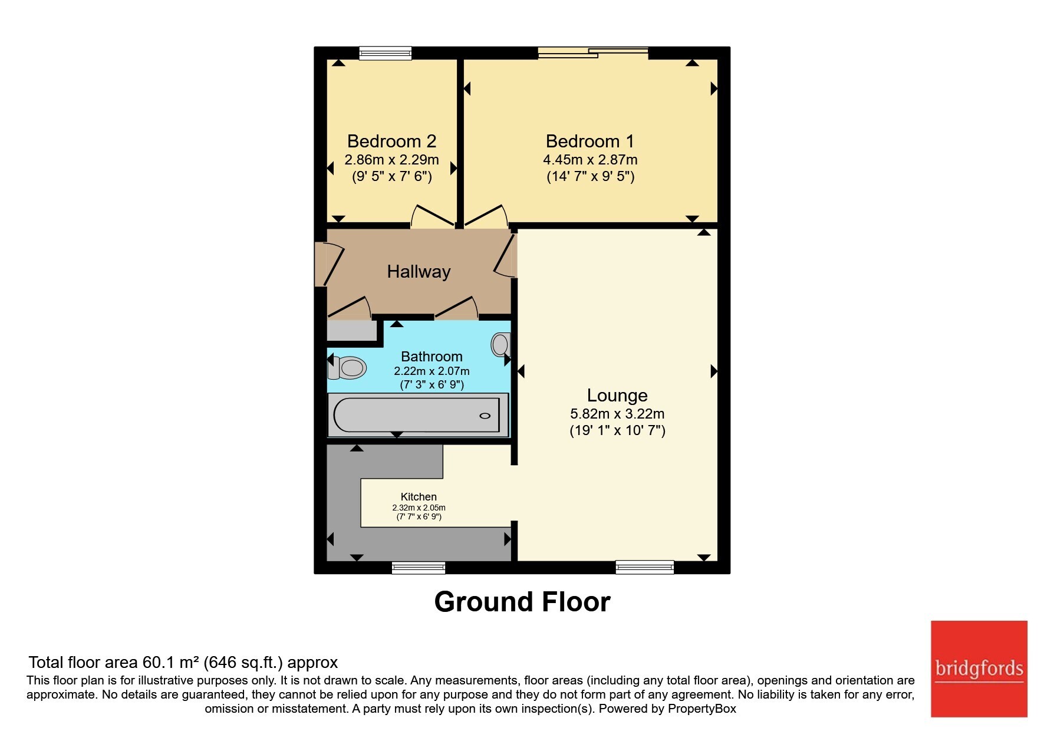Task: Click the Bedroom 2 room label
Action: [x=391, y=141]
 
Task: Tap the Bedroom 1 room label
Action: [x=589, y=141]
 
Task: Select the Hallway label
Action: [x=419, y=272]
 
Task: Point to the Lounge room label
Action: [x=617, y=396]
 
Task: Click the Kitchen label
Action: [x=419, y=497]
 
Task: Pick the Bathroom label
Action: [x=432, y=357]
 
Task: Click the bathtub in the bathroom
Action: [x=417, y=415]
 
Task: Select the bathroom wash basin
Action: [x=500, y=344]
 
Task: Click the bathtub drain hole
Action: [x=485, y=416]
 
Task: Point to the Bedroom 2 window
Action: [x=386, y=53]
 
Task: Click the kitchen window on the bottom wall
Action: [x=419, y=568]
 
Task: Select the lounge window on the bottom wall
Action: [x=644, y=567]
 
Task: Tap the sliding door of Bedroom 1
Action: [x=593, y=53]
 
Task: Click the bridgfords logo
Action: [x=979, y=669]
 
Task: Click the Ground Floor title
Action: [x=522, y=602]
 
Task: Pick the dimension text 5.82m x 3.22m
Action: [x=617, y=414]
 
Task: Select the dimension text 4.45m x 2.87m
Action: [x=590, y=160]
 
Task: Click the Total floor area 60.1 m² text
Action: [x=114, y=663]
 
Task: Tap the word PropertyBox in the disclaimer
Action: [x=702, y=709]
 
